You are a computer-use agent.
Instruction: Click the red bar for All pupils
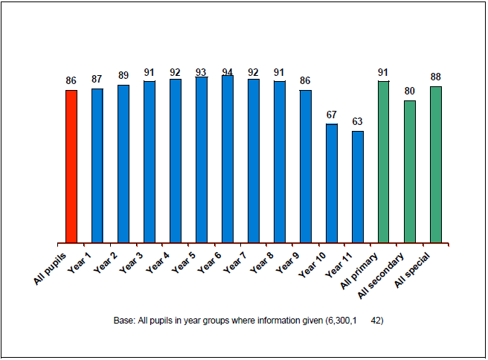[x=71, y=166]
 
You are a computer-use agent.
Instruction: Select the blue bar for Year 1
[x=97, y=165]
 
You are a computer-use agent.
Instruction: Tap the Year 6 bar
[x=228, y=158]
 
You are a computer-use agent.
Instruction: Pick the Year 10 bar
[x=332, y=183]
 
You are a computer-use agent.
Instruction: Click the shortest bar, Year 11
[x=358, y=187]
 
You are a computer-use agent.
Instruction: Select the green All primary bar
[x=384, y=161]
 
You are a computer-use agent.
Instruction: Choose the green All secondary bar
[x=410, y=171]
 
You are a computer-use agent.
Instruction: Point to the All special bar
[x=436, y=164]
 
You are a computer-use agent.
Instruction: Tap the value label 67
[x=332, y=115]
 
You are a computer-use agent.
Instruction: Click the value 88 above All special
[x=436, y=77]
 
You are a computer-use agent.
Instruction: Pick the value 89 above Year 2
[x=123, y=76]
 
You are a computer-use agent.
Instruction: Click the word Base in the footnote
[x=123, y=321]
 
